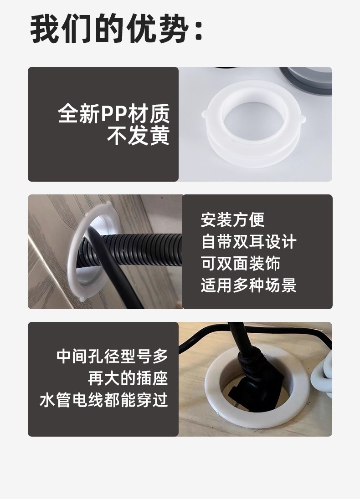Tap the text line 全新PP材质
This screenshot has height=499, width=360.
click(114, 114)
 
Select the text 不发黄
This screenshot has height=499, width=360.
click(138, 136)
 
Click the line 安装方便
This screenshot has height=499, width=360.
click(232, 219)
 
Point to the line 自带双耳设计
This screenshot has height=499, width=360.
click(248, 242)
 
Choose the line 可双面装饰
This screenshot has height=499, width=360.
click(241, 263)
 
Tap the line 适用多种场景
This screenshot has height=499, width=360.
click(248, 285)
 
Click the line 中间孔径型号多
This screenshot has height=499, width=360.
click(112, 356)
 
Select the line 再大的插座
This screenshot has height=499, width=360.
click(128, 378)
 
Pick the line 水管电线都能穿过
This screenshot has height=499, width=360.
click(104, 400)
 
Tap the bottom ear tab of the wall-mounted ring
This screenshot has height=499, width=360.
click(82, 298)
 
